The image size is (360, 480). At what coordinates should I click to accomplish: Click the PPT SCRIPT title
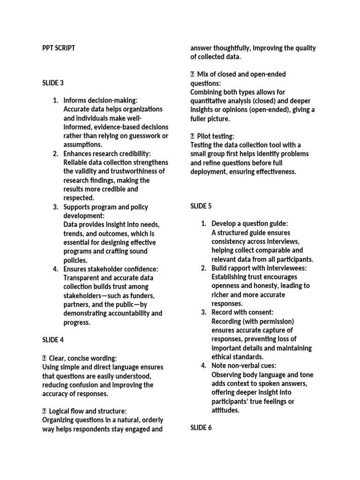click(x=59, y=48)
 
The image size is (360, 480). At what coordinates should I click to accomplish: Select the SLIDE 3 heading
click(x=53, y=83)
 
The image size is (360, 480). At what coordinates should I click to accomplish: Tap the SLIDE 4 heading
click(x=53, y=340)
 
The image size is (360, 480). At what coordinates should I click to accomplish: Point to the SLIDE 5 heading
click(x=201, y=206)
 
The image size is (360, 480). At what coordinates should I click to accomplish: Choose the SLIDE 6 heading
click(x=201, y=427)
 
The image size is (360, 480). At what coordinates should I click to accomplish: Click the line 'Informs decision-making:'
click(x=101, y=100)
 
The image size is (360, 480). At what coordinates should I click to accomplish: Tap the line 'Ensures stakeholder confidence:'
click(x=111, y=269)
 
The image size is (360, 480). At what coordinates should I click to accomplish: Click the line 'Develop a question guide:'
click(x=250, y=224)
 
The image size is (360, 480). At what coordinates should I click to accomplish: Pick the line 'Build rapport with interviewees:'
click(x=259, y=268)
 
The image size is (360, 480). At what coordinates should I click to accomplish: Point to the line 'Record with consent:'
click(x=242, y=312)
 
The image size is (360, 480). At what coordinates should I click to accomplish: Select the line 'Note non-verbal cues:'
click(x=244, y=366)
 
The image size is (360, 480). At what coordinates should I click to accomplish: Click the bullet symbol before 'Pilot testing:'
click(x=192, y=136)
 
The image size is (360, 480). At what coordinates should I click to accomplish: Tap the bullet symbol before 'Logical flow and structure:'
click(x=45, y=411)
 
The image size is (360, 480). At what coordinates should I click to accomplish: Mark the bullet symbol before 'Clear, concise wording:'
click(x=45, y=358)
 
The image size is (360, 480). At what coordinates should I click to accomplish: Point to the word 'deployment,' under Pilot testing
click(x=207, y=172)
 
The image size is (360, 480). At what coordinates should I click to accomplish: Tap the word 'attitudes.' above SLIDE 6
click(x=225, y=410)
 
